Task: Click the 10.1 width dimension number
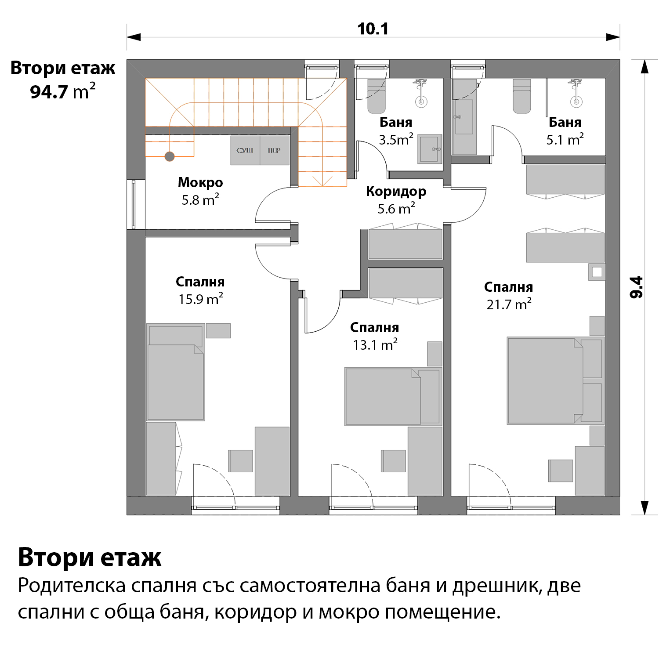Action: [373, 29]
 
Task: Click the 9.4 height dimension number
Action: [637, 287]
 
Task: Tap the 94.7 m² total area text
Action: [62, 91]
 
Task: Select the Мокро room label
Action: [200, 182]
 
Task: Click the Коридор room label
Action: [396, 191]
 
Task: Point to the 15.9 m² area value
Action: [201, 299]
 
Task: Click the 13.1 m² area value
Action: [375, 344]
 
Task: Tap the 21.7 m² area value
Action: [509, 304]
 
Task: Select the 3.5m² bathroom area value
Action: [396, 139]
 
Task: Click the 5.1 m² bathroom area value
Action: [565, 139]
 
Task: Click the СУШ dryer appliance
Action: [245, 150]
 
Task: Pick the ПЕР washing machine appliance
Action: [275, 150]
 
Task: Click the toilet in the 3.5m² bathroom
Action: [377, 96]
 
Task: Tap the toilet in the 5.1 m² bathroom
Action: [522, 96]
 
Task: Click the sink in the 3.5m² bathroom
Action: [430, 149]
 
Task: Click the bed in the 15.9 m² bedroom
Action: [176, 372]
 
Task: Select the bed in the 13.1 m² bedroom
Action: [393, 397]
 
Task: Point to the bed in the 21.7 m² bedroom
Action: [556, 380]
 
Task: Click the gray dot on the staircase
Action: [170, 156]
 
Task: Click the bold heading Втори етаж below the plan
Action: [90, 557]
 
